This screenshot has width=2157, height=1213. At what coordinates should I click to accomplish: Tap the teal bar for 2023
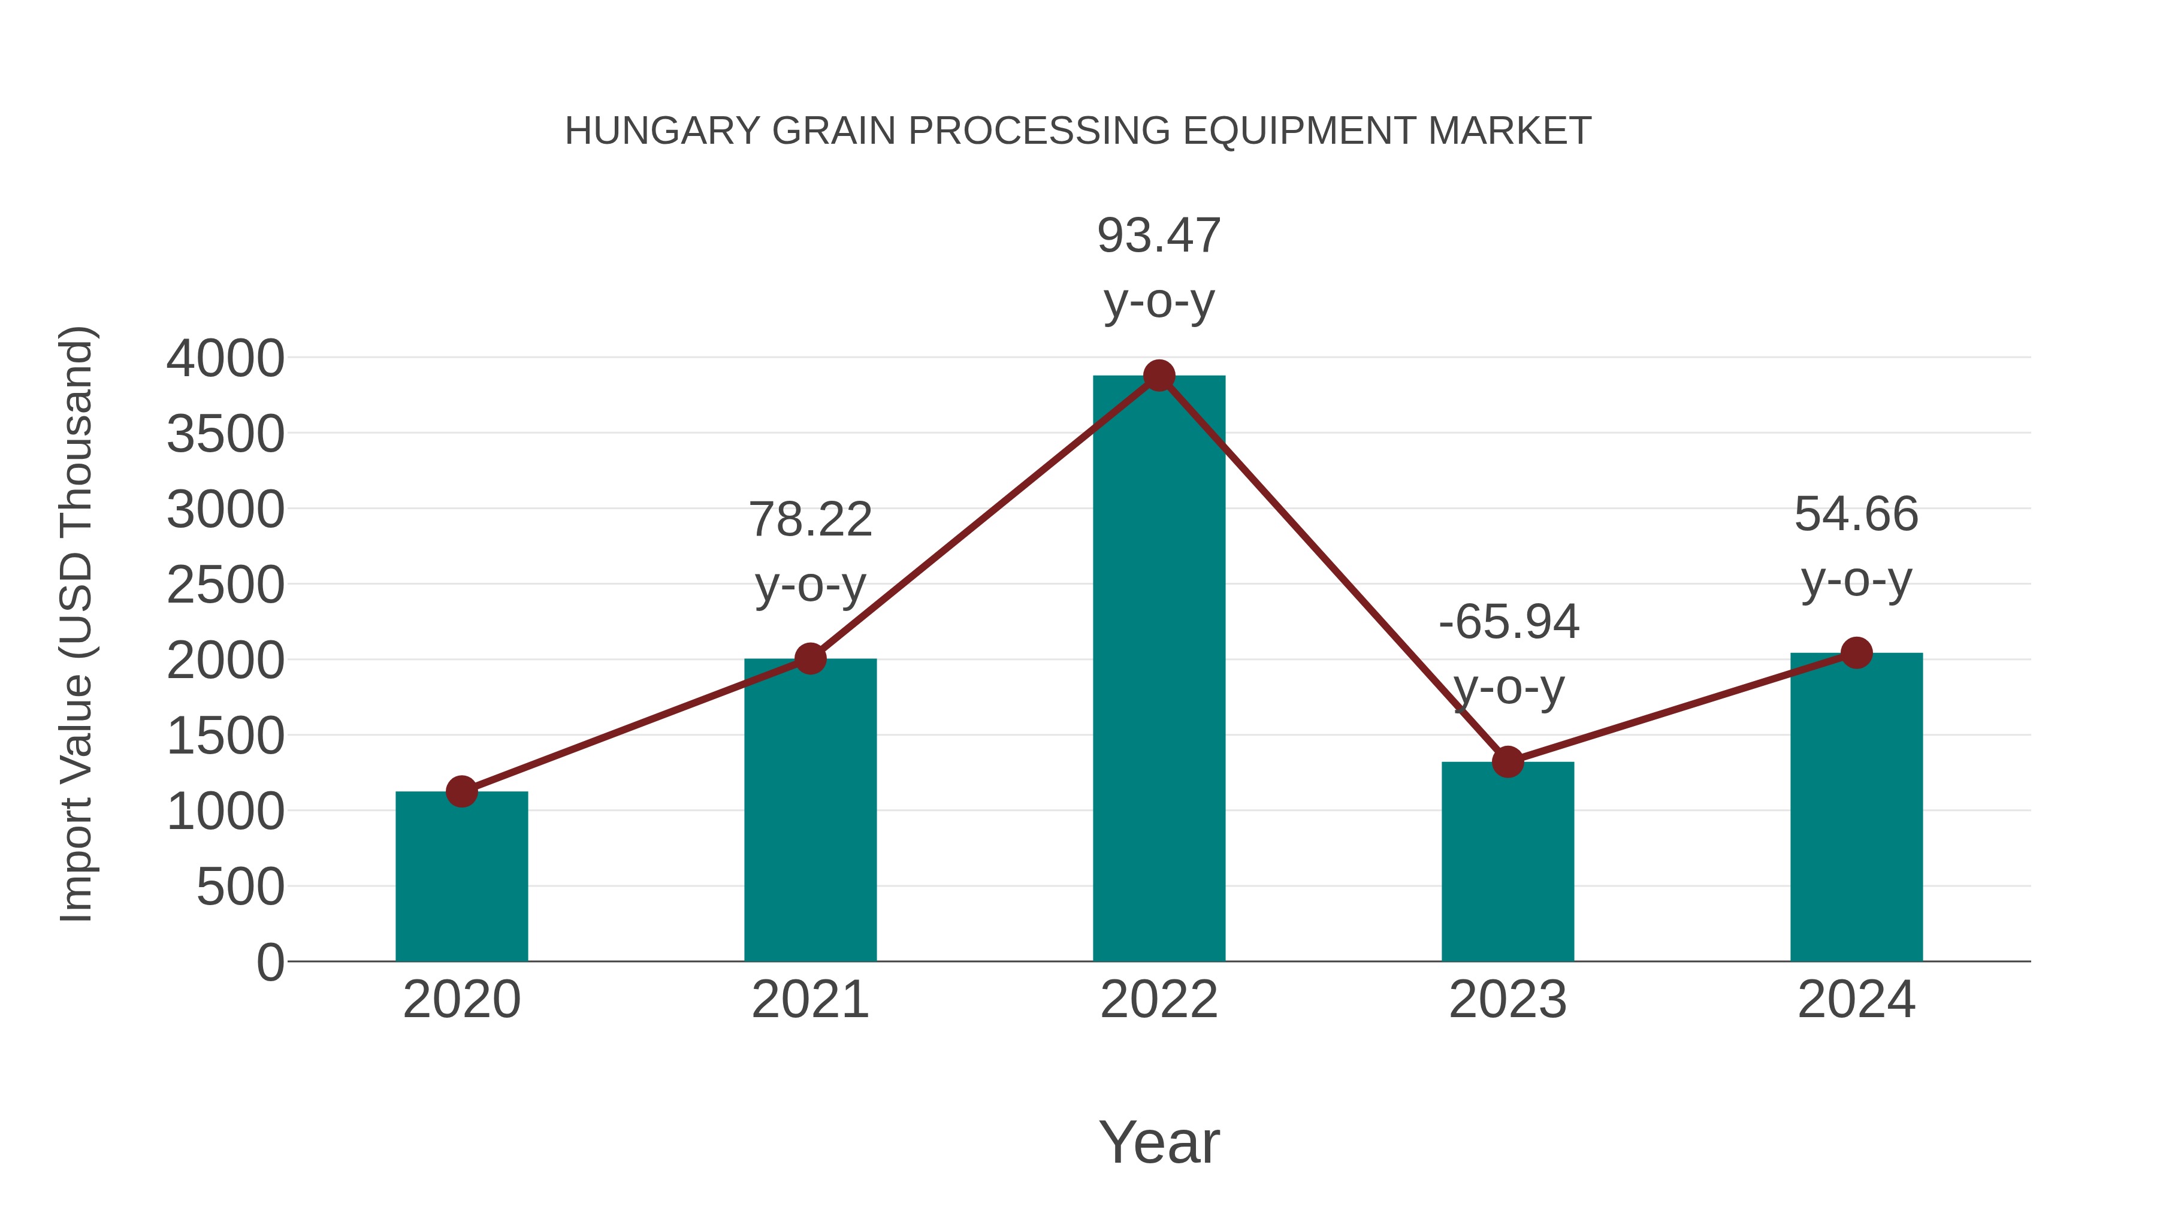click(1508, 861)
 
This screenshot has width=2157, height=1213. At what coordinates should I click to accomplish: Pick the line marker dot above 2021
click(809, 659)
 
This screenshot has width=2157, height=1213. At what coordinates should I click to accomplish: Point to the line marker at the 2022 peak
click(1159, 376)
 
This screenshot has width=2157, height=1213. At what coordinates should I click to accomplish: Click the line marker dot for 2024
click(1856, 653)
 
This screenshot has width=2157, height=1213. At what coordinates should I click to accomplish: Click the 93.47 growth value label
click(1159, 235)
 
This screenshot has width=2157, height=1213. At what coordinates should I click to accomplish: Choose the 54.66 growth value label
click(1856, 514)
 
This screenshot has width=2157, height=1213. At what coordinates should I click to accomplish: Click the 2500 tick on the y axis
click(225, 585)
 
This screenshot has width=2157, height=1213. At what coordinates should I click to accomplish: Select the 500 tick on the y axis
click(240, 887)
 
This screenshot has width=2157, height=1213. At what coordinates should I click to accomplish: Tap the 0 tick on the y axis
click(270, 963)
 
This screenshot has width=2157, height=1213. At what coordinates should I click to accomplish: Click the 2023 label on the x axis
click(1508, 1000)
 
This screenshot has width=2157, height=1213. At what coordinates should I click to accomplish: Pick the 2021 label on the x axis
click(809, 1000)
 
